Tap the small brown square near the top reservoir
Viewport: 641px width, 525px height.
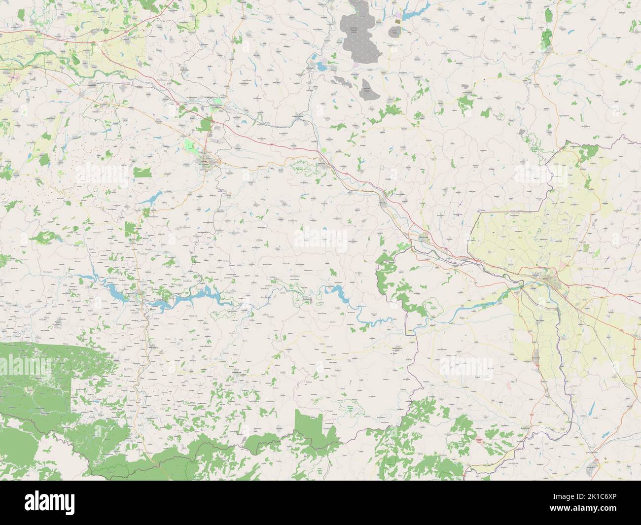point(397,22)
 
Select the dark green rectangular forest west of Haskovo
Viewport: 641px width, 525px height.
point(143,172)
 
